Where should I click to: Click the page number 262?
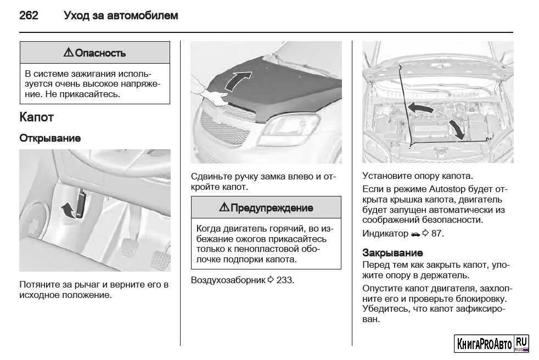point(29,16)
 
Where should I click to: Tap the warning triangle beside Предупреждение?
point(223,207)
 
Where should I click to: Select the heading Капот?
point(36,117)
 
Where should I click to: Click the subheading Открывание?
point(50,138)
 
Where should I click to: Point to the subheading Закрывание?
point(392,253)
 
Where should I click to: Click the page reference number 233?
point(285,280)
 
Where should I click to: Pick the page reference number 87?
point(437,233)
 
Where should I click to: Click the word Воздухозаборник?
point(228,280)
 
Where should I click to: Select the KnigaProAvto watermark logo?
point(492,344)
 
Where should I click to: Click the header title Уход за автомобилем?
point(121,16)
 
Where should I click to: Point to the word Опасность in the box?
point(100,53)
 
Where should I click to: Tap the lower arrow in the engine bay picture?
point(455,129)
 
